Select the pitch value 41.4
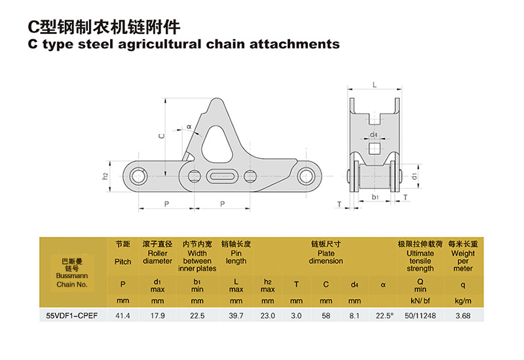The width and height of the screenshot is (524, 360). click(122, 315)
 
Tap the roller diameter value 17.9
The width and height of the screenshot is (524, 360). click(157, 315)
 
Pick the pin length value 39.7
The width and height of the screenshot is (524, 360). click(236, 315)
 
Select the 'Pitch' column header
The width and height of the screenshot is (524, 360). click(122, 261)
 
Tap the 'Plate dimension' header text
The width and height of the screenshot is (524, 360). click(326, 257)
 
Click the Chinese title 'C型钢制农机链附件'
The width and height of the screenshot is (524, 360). click(105, 27)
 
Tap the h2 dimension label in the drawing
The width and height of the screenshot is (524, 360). click(105, 176)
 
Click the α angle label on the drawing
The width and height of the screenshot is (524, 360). click(189, 126)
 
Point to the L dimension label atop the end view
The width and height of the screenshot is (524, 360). click(374, 85)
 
